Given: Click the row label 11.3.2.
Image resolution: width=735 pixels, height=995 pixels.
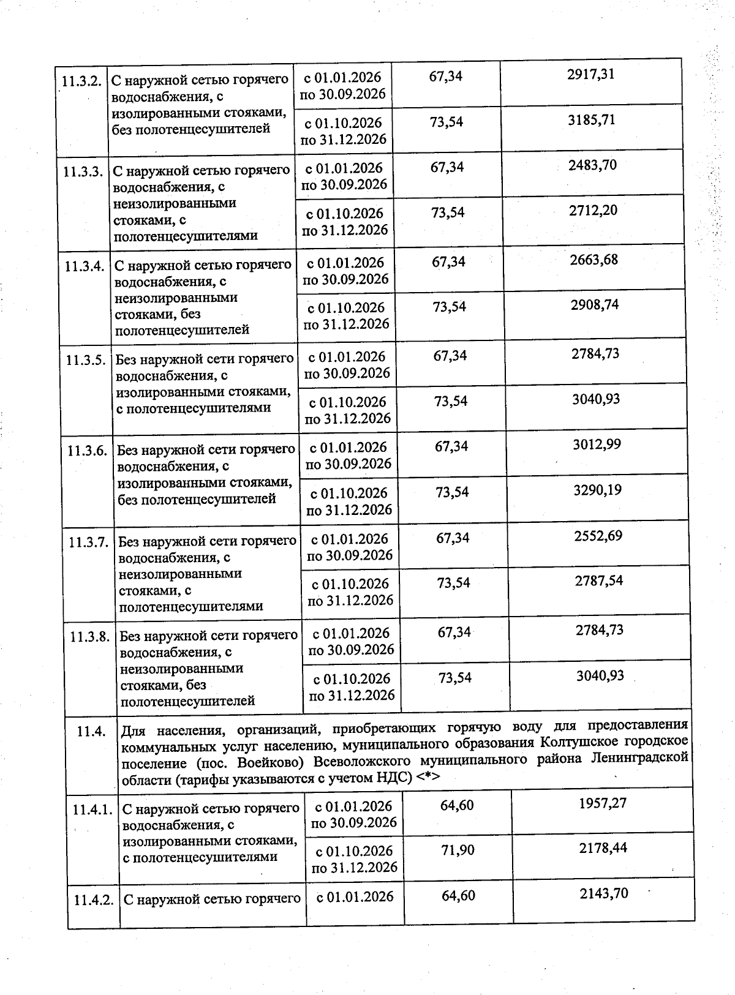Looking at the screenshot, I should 81,81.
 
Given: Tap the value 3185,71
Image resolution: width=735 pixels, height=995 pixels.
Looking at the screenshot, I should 591,120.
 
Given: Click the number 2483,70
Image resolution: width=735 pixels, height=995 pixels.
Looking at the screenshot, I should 592,165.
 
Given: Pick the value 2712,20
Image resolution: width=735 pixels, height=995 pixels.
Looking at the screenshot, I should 593,211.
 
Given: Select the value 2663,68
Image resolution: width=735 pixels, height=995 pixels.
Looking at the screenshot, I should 594,260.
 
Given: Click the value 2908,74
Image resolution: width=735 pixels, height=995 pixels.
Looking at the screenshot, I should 594,305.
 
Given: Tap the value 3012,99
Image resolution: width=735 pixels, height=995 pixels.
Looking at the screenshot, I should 597,445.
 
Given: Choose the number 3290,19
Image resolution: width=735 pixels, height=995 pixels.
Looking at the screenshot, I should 597,490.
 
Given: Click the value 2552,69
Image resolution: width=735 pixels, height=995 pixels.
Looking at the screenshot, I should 598,536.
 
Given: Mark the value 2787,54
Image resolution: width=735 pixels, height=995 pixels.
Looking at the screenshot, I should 598,581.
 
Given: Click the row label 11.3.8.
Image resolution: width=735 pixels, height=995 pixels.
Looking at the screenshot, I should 89,637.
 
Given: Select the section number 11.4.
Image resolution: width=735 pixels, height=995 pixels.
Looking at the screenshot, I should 91,731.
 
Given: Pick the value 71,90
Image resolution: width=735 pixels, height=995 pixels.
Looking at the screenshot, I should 458,850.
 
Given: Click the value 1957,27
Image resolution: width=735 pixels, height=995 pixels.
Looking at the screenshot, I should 603,803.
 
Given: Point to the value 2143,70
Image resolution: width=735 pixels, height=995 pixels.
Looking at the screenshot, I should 604,894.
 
